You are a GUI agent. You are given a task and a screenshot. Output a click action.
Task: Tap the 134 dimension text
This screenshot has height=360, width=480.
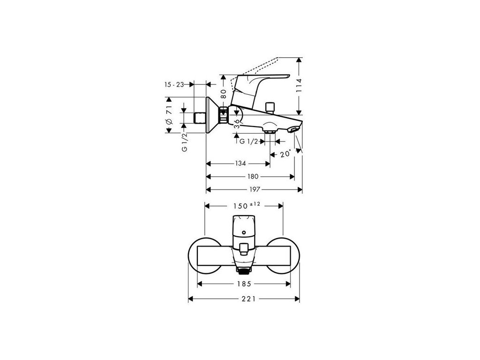(x=240, y=164)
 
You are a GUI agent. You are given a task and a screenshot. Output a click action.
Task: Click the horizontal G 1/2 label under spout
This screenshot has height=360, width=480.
(x=248, y=142)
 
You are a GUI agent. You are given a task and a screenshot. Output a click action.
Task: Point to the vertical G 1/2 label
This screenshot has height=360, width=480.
(x=185, y=142)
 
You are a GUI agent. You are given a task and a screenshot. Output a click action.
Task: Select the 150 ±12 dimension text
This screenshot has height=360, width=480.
(x=246, y=206)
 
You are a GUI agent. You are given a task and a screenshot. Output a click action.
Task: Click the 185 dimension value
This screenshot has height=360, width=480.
(x=244, y=284)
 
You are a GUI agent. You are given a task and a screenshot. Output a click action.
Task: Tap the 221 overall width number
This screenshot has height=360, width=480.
(x=244, y=299)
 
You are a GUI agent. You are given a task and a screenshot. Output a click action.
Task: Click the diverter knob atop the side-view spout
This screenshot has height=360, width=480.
(x=269, y=107)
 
